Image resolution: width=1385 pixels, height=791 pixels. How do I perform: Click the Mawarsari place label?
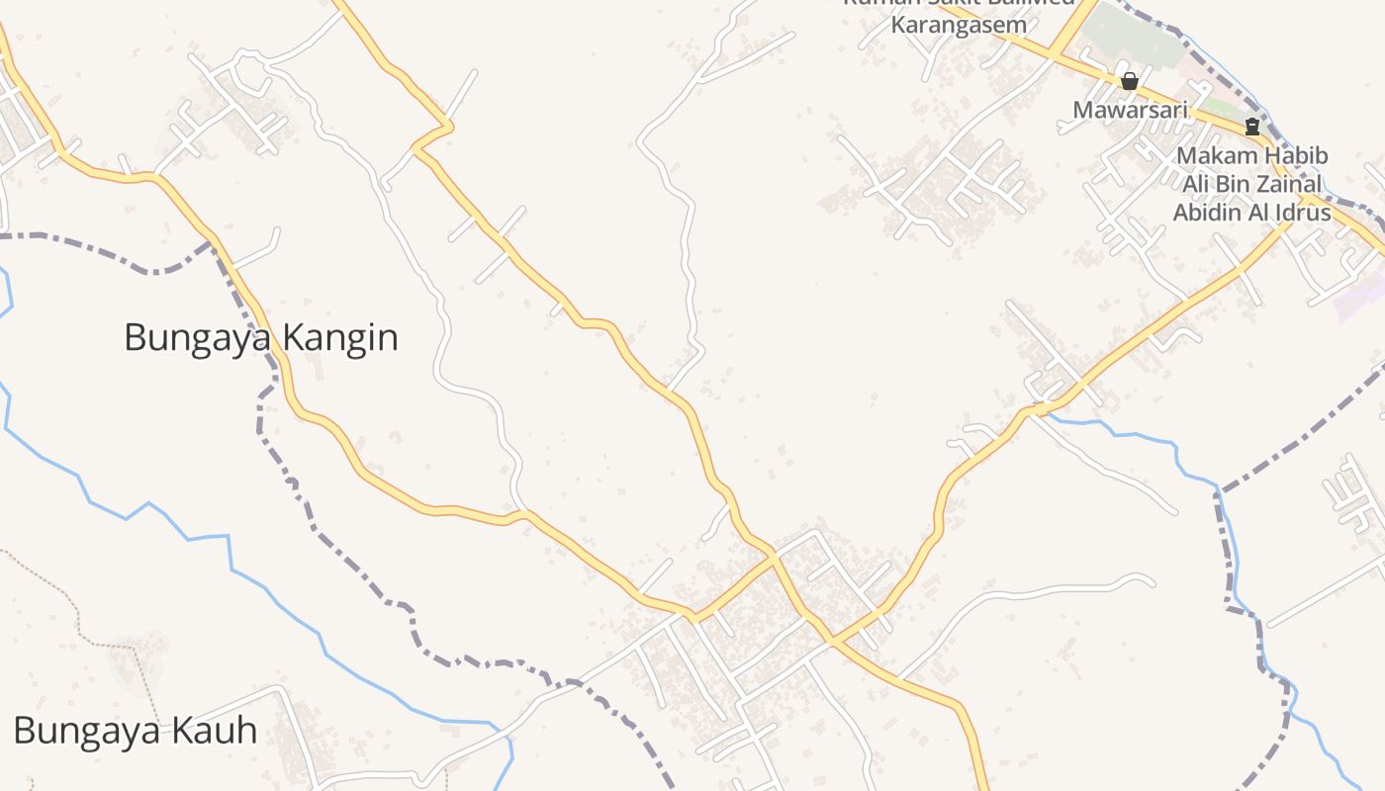[x=1130, y=110]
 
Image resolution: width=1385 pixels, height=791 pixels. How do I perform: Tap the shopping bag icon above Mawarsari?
[x=1129, y=81]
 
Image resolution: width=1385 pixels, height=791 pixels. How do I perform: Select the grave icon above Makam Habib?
[x=1252, y=127]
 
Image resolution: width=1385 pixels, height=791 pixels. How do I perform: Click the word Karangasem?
[x=959, y=25]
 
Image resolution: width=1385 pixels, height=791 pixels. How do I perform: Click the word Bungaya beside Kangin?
[x=198, y=338]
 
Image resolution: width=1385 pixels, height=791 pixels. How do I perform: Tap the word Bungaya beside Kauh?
[x=87, y=732]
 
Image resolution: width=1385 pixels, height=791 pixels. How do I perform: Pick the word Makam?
[x=1217, y=156]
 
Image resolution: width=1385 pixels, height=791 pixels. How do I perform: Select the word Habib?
[x=1296, y=156]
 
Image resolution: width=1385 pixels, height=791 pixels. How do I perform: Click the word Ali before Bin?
[x=1198, y=184]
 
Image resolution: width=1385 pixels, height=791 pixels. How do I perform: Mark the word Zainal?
[x=1292, y=184]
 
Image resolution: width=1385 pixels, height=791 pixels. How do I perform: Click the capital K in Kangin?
[x=292, y=338]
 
